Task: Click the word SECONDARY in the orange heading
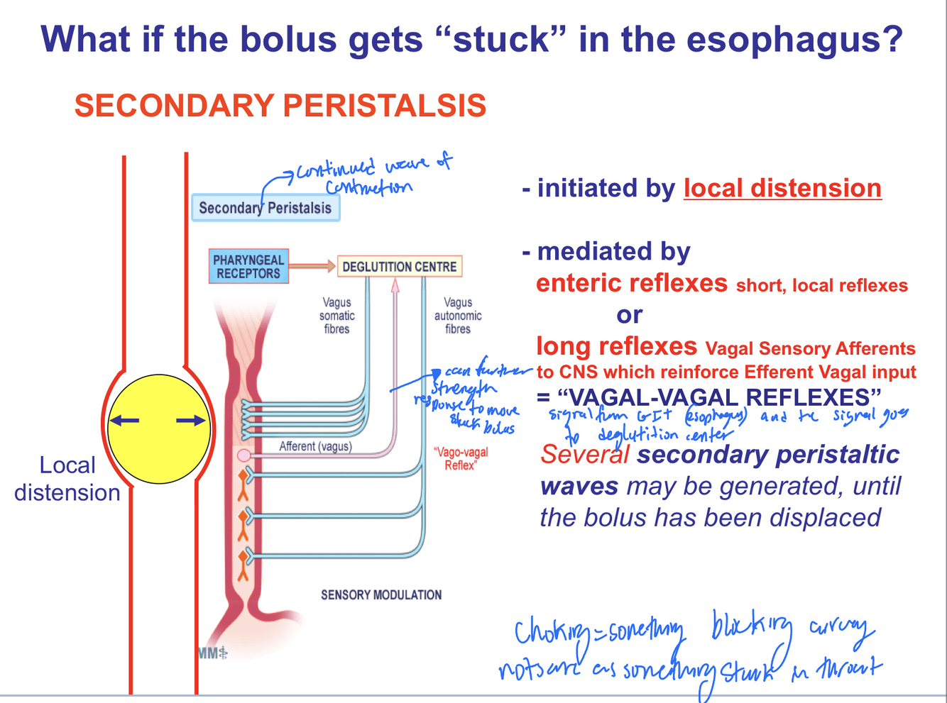click(174, 106)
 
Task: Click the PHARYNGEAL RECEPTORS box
click(248, 267)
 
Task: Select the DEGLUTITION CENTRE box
click(399, 267)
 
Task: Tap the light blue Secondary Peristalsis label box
click(265, 208)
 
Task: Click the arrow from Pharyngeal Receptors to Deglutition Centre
click(312, 266)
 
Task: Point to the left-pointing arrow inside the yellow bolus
click(125, 421)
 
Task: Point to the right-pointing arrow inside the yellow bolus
click(190, 421)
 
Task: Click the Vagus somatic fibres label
click(336, 316)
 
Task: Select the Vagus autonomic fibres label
click(458, 316)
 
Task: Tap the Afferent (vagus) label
click(315, 446)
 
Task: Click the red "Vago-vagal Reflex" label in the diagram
click(461, 458)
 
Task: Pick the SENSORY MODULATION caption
click(381, 595)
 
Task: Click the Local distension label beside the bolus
click(67, 479)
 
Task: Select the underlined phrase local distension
click(782, 188)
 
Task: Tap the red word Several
click(584, 455)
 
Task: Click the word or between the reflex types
click(630, 314)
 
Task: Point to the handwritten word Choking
click(549, 631)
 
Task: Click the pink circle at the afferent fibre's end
click(243, 455)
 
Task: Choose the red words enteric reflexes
click(631, 283)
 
